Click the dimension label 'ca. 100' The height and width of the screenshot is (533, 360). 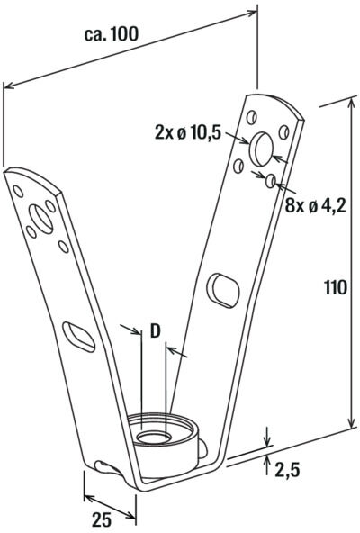pos(112,34)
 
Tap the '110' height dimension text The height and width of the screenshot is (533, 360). pos(336,287)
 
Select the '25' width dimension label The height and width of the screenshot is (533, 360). pos(102,519)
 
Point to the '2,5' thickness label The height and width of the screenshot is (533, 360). pos(289,470)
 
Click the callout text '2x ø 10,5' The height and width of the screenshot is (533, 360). pos(188,132)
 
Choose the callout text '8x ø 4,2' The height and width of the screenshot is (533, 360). pos(316,205)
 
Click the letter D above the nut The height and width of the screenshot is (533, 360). pos(155,331)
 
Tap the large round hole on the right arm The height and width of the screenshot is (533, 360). pos(261,149)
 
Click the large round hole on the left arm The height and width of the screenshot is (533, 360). pos(40,219)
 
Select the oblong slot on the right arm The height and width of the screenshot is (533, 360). pos(223,290)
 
